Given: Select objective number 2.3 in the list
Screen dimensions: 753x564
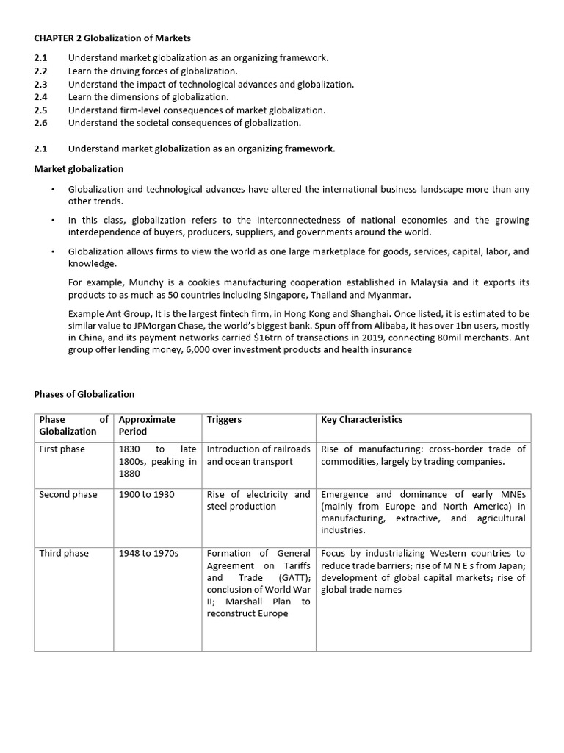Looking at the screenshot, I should (x=41, y=84).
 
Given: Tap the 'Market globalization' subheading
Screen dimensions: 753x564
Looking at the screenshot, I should (x=79, y=168).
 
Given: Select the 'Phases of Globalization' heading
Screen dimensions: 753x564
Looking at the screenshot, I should (x=84, y=394).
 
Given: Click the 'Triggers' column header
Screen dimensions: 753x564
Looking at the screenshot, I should (x=224, y=420).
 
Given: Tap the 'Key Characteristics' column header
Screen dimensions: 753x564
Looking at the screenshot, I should (x=362, y=420).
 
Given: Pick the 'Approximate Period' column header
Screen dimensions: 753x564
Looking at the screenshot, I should (x=147, y=425).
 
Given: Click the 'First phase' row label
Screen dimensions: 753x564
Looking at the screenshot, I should (x=62, y=449).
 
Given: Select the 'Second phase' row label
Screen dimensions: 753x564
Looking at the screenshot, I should (x=68, y=494).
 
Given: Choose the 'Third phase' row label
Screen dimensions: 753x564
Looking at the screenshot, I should (x=63, y=553).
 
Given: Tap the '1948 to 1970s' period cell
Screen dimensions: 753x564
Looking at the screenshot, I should (x=149, y=553).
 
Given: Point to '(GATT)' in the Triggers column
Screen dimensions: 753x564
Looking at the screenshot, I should (x=294, y=578).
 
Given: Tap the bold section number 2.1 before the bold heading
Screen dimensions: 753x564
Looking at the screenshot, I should (x=41, y=149).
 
